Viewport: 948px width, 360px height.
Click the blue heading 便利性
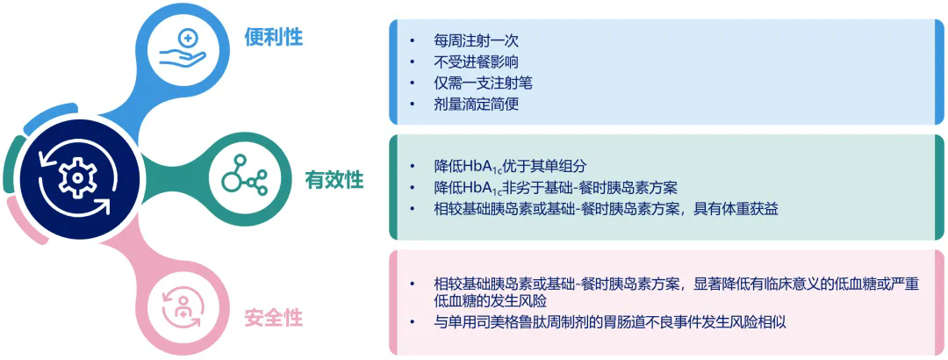pyautogui.click(x=273, y=38)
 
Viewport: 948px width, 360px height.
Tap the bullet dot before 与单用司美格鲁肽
pyautogui.click(x=413, y=321)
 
